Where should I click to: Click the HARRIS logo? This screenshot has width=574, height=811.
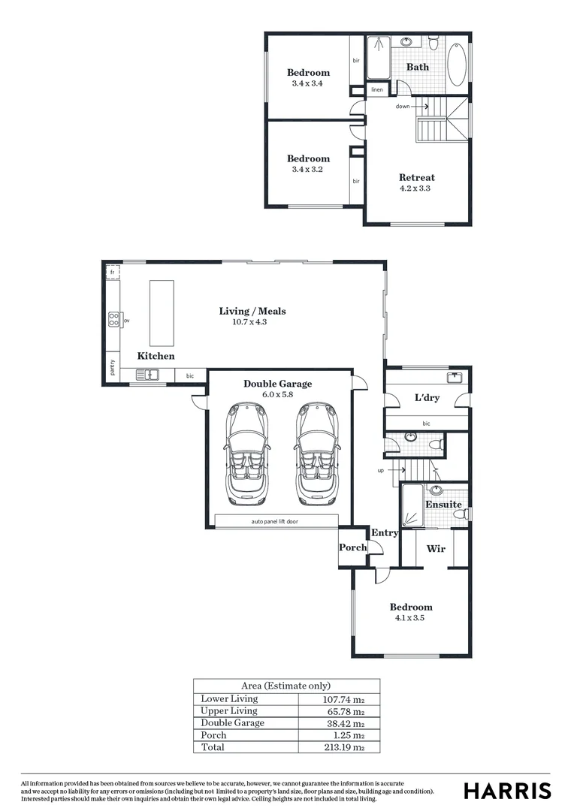(507, 791)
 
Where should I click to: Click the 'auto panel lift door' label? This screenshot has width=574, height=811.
(274, 520)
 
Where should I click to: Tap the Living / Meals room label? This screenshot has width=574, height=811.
(252, 311)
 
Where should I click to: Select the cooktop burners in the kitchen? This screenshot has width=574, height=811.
(114, 321)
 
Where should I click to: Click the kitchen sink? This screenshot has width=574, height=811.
(147, 375)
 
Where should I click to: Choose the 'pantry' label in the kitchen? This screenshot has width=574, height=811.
(112, 367)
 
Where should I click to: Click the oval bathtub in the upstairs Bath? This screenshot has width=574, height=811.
(458, 66)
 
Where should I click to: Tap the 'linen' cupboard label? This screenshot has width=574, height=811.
(377, 90)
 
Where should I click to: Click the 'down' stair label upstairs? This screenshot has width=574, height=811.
(403, 107)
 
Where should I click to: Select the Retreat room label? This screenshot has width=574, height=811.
(416, 178)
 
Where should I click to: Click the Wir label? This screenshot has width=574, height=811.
(436, 549)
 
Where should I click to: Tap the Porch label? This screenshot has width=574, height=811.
(352, 547)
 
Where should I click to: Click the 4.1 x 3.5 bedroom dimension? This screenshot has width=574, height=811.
(411, 618)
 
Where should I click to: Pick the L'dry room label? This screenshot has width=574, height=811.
(427, 398)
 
